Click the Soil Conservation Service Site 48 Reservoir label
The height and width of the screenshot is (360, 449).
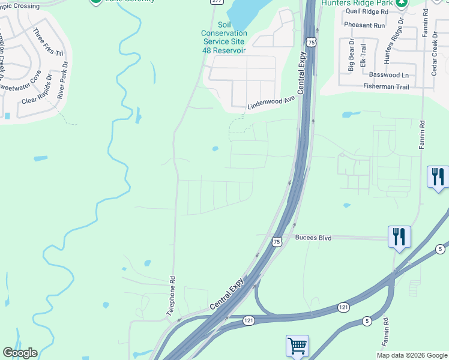(223, 37)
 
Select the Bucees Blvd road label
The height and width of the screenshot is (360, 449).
(313, 238)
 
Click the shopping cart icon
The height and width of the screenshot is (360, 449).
(297, 346)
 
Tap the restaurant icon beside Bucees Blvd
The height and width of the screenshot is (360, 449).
(399, 236)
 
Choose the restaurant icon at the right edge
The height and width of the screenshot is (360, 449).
(438, 177)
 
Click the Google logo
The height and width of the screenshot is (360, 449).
(20, 353)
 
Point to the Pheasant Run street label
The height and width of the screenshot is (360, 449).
(364, 26)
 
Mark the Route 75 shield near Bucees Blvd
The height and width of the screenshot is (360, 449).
(276, 241)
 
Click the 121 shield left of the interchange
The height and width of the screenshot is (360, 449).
(249, 320)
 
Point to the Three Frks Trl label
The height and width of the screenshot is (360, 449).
(47, 42)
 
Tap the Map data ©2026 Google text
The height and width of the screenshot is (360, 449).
(412, 355)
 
